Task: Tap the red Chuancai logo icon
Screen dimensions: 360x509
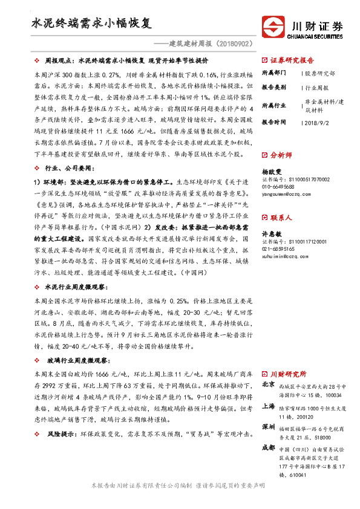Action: click(x=273, y=28)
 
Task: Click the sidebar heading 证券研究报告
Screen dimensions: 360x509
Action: click(x=292, y=60)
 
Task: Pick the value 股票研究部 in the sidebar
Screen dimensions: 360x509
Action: click(x=320, y=73)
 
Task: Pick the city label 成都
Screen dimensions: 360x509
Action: click(x=267, y=448)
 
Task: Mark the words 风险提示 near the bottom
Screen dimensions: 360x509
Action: click(x=59, y=434)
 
